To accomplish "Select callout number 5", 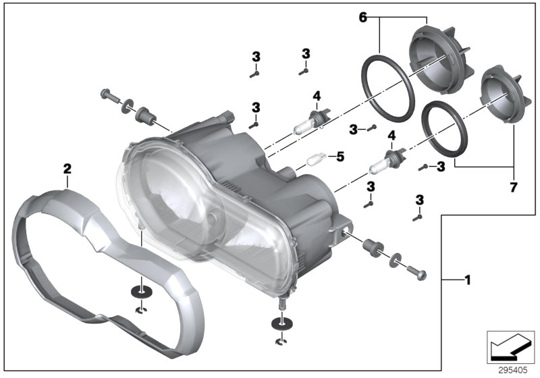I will [340, 157].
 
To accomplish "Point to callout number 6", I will [362, 17].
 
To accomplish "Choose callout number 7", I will [514, 186].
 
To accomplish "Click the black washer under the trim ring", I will [141, 292].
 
